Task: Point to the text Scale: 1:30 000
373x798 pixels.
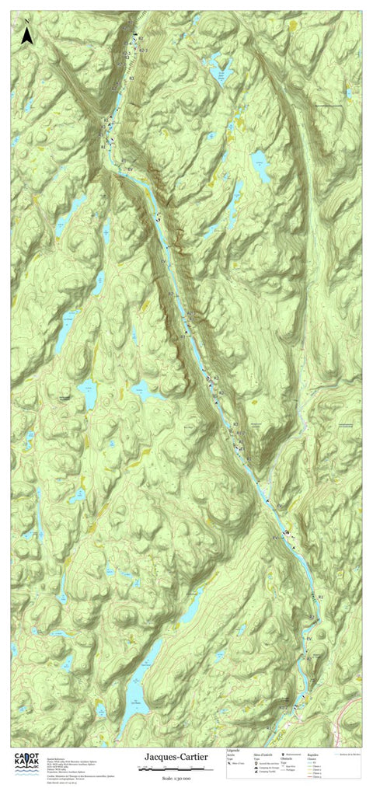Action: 176,778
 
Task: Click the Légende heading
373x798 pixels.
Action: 232,751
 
